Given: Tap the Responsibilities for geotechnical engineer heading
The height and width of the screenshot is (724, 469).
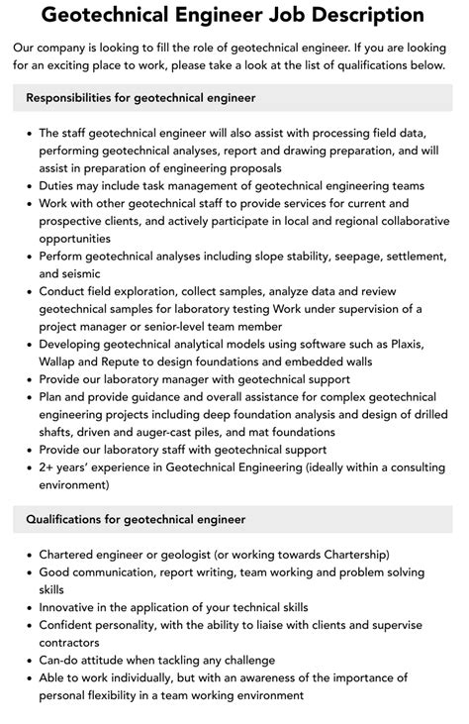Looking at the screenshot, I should (141, 98).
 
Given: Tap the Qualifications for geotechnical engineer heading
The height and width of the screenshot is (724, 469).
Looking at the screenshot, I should (136, 518).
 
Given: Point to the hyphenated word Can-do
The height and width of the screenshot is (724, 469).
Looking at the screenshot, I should (61, 660).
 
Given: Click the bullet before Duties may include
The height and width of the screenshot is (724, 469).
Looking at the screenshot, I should (27, 185).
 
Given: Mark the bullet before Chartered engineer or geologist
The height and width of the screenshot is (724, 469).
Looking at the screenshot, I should (27, 554).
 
